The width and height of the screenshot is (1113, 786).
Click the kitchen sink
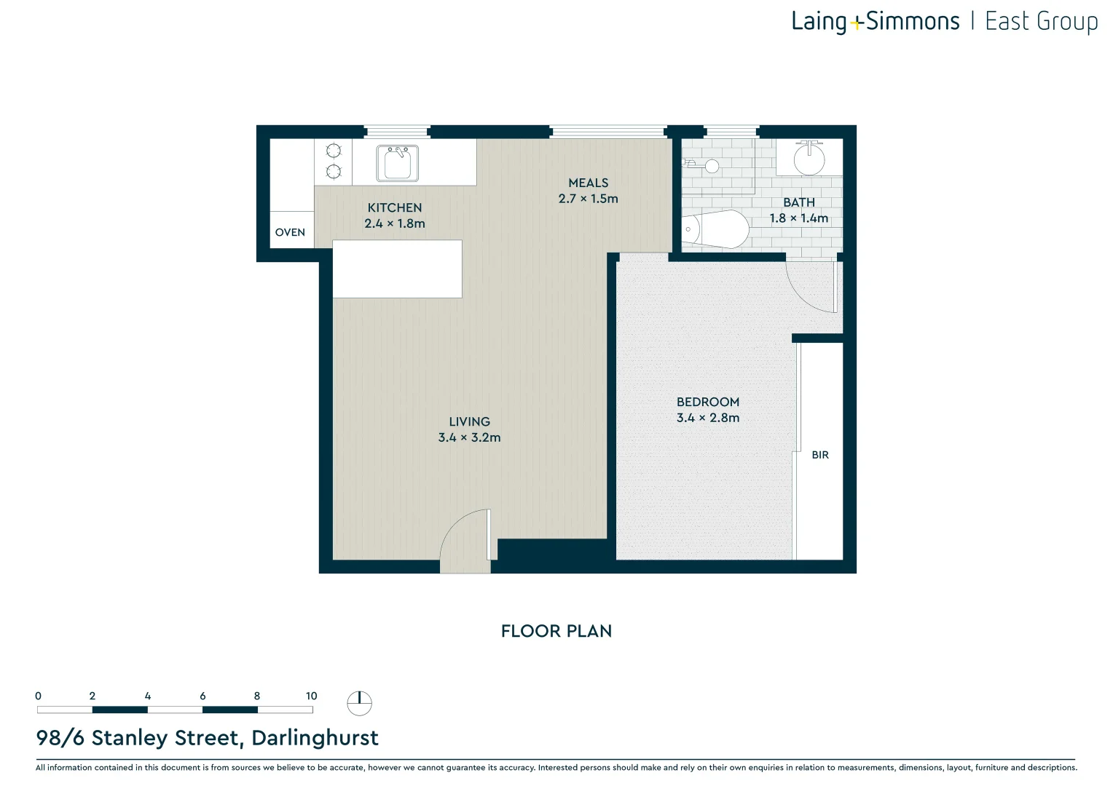click(x=397, y=163)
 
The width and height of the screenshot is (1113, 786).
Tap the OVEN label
click(x=290, y=232)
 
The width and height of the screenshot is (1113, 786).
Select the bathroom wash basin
click(x=809, y=158)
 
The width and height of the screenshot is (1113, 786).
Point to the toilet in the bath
click(x=715, y=229)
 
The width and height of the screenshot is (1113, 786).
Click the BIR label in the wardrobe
click(x=820, y=455)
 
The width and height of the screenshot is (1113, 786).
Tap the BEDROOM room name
click(x=708, y=402)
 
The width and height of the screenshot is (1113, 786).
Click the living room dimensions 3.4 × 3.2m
click(x=469, y=437)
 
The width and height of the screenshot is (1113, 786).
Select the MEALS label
click(x=589, y=183)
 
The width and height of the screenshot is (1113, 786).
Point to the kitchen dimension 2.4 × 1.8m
click(x=395, y=223)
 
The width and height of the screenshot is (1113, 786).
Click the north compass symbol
click(x=359, y=703)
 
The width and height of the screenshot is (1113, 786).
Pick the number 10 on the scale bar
click(x=312, y=696)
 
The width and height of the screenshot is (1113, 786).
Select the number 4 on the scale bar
click(x=148, y=696)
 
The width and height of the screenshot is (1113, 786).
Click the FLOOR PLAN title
click(x=556, y=631)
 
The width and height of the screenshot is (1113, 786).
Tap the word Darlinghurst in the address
click(x=315, y=738)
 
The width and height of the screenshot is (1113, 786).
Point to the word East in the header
click(x=1007, y=22)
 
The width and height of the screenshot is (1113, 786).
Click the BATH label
click(x=799, y=202)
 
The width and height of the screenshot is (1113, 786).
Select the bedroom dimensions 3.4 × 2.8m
click(x=708, y=418)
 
